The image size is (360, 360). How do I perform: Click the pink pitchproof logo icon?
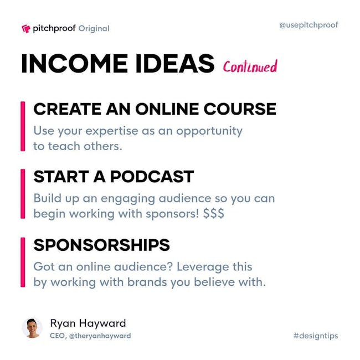coord(25,29)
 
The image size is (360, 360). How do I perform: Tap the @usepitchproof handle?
coord(308,25)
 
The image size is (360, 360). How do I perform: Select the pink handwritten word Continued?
coord(250,66)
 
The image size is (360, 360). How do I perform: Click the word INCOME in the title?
coord(74,64)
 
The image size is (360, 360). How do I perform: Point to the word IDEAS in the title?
coord(175,64)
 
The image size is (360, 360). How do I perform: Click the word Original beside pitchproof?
coord(94,29)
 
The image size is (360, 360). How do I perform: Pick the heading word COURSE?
coord(240,109)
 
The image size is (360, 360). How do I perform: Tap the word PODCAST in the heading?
coord(152,177)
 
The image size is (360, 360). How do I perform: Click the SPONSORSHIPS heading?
coord(102,245)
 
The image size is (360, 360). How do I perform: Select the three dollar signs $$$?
coord(214,214)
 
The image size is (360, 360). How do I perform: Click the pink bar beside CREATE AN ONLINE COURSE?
coord(23,126)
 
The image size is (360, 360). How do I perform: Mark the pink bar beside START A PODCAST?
coord(23,194)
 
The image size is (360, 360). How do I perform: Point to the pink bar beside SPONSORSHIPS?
coord(23,262)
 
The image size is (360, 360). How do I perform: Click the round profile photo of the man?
coord(32,328)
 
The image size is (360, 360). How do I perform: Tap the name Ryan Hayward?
coord(88,323)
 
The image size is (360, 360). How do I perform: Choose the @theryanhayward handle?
coord(100,336)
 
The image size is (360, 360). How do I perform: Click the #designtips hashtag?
coord(316,336)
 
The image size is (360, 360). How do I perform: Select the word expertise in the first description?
coord(112,131)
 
